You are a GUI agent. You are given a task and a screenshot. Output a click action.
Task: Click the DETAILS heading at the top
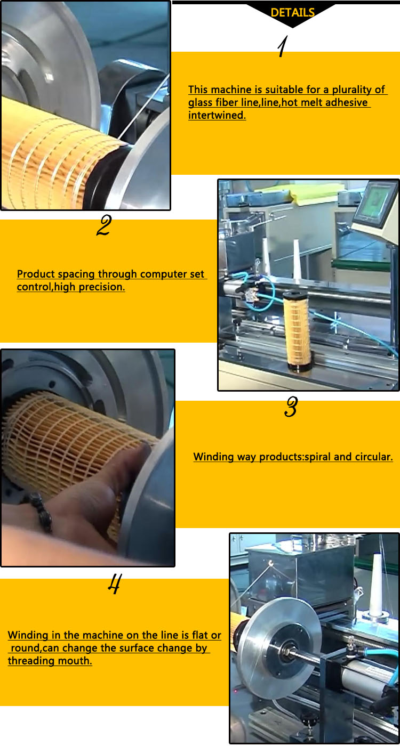292,13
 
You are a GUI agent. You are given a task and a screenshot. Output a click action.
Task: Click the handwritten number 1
282,48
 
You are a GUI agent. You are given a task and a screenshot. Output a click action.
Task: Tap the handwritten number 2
103,226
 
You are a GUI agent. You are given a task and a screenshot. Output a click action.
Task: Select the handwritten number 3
290,408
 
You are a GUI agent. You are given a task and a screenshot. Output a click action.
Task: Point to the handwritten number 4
114,585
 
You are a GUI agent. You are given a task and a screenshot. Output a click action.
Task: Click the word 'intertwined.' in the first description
217,115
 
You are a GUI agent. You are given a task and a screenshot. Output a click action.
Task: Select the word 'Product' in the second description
36,274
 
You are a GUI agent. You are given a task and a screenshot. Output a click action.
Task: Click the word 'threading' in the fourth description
30,661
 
